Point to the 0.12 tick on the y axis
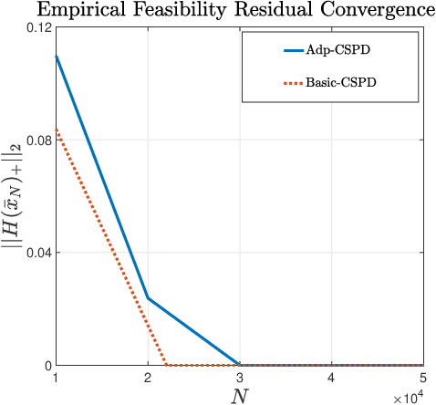pyautogui.click(x=36, y=27)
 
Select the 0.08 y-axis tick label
pyautogui.click(x=36, y=140)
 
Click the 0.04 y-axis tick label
pyautogui.click(x=36, y=253)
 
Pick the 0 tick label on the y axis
pyautogui.click(x=46, y=365)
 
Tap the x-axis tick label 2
pyautogui.click(x=148, y=378)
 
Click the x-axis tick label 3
pyautogui.click(x=239, y=378)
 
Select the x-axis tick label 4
pyautogui.click(x=331, y=378)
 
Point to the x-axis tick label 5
pyautogui.click(x=422, y=378)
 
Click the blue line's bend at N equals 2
pyautogui.click(x=148, y=298)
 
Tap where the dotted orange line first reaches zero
pyautogui.click(x=165, y=365)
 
